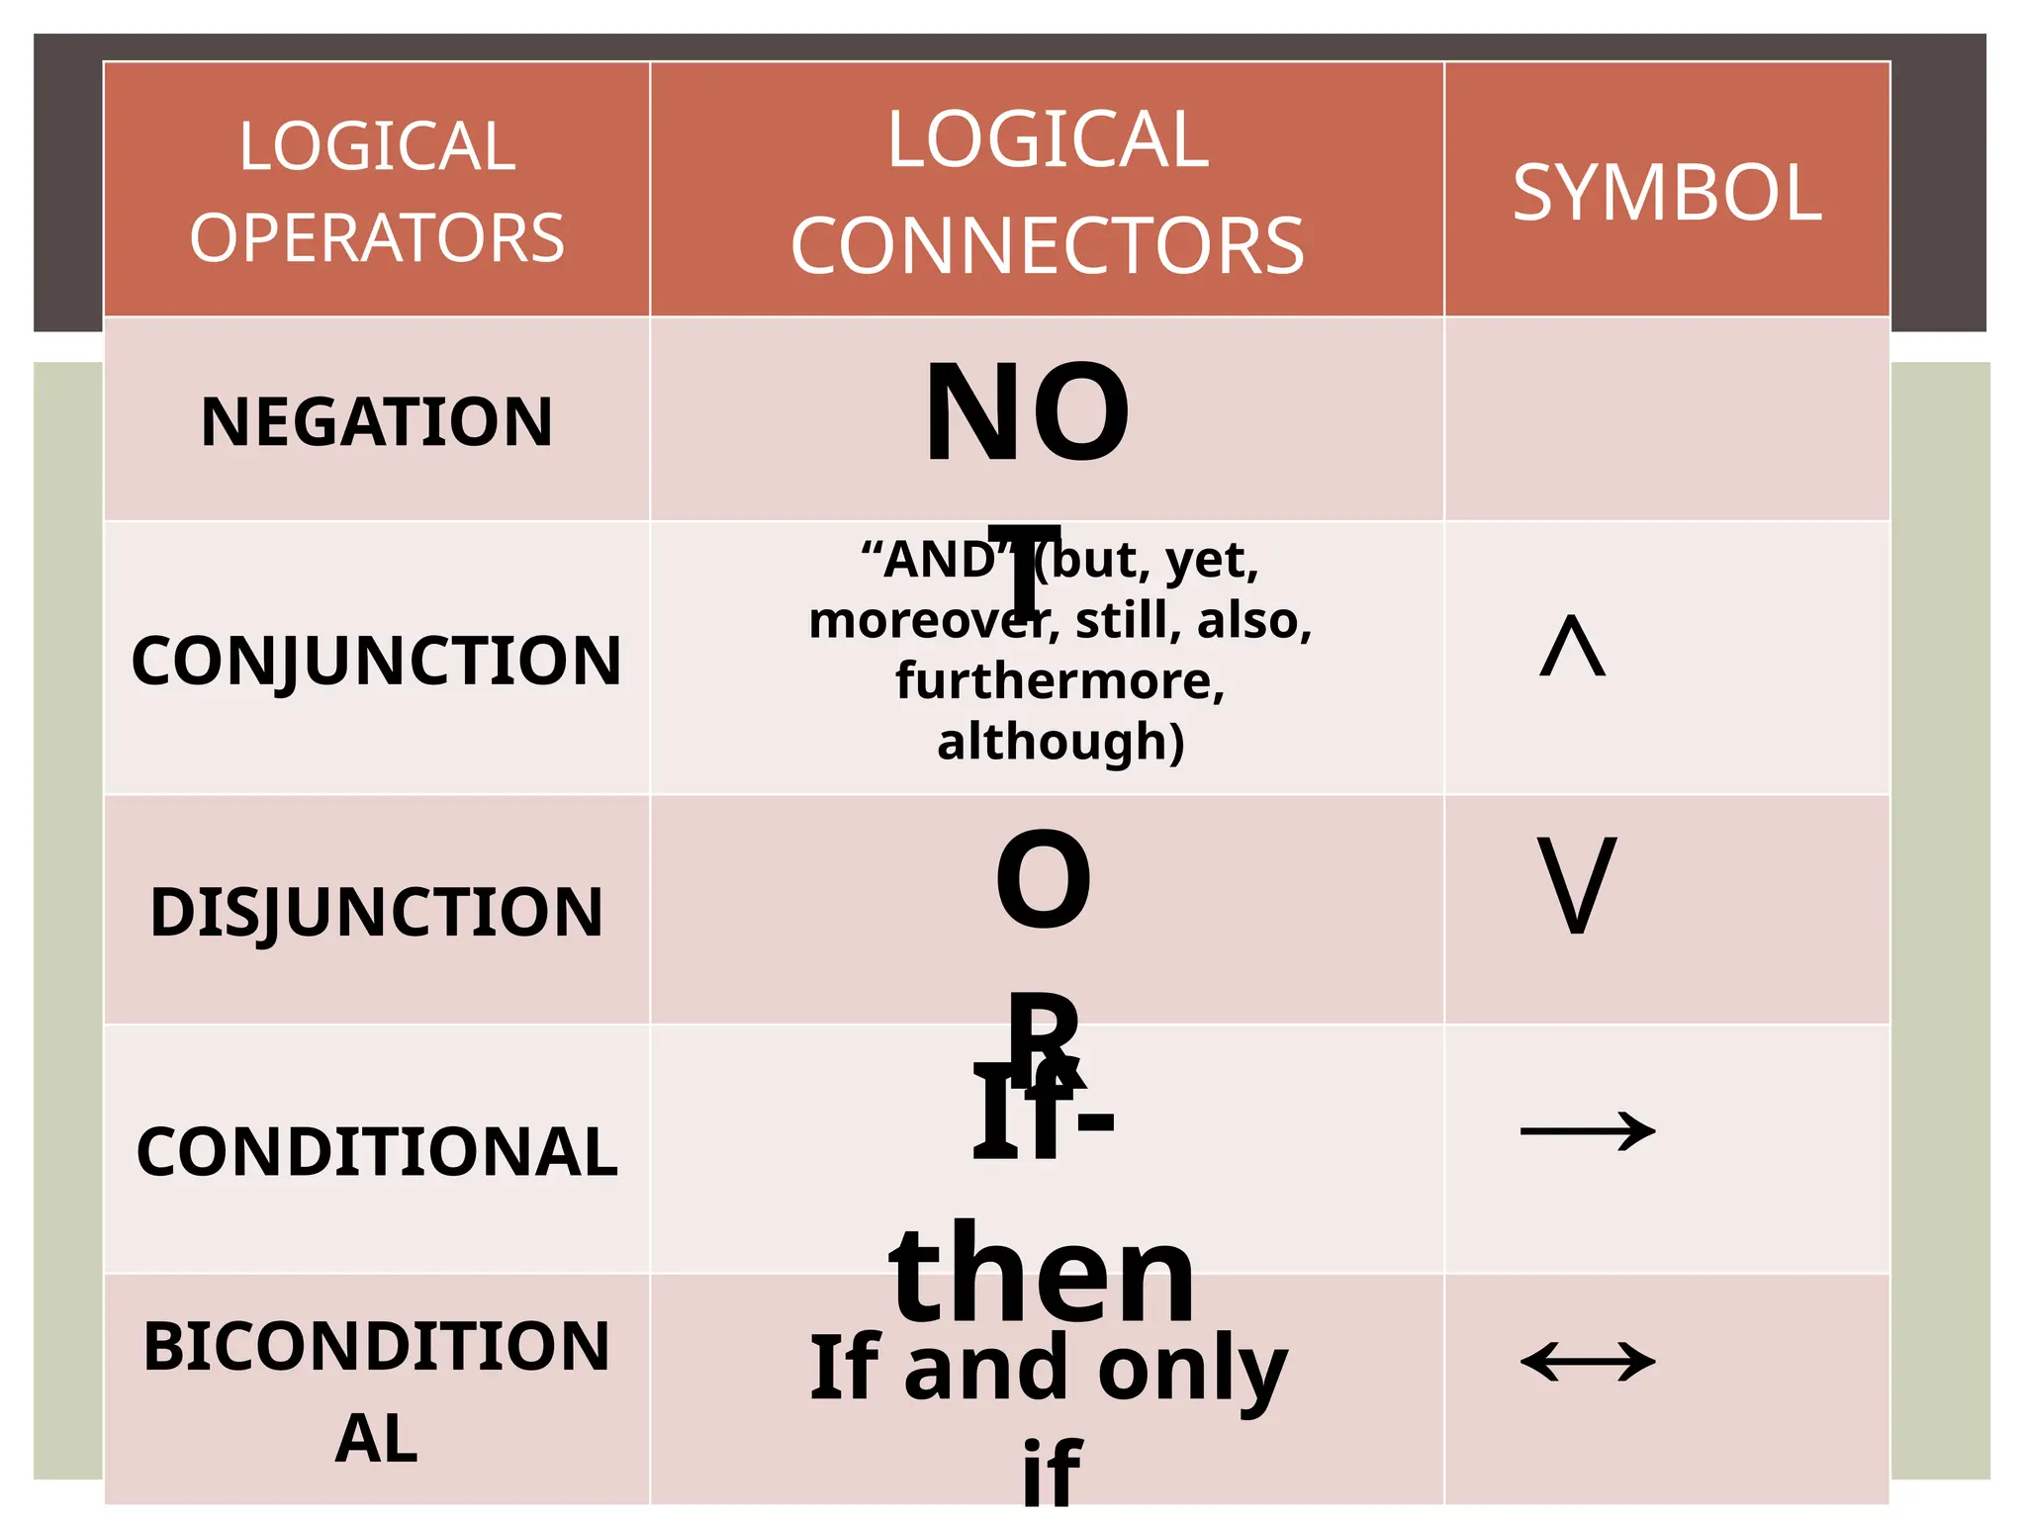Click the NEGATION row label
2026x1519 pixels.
(376, 422)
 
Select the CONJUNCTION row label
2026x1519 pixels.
(376, 661)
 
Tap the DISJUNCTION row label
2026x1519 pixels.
(376, 912)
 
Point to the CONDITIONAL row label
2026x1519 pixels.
(376, 1152)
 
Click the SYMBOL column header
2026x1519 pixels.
(1667, 193)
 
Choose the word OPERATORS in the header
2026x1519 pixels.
(376, 238)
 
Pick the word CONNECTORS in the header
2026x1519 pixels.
(1047, 246)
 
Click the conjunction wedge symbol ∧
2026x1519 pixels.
(1573, 647)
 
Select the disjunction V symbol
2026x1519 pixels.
(1577, 884)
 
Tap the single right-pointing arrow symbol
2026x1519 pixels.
(1587, 1131)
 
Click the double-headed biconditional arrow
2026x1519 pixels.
(1587, 1362)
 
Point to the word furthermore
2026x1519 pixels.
(1059, 681)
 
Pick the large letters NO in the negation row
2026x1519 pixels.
(1026, 412)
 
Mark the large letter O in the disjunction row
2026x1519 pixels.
(1043, 880)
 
